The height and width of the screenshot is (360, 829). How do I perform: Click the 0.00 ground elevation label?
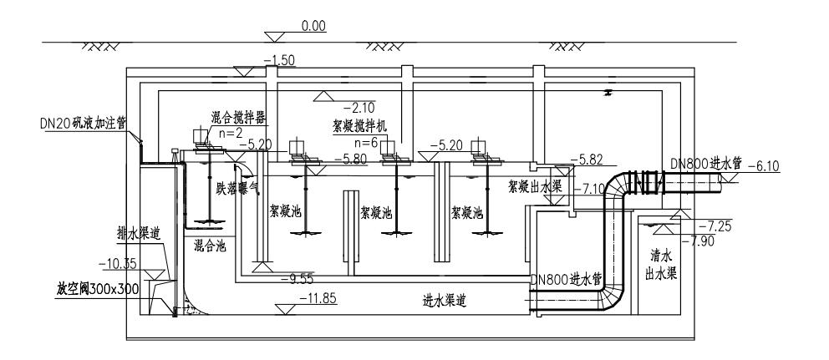[313, 28]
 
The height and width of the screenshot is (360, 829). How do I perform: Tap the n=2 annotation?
[218, 131]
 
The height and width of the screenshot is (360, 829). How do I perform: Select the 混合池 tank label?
[208, 246]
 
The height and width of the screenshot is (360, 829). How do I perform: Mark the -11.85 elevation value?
[318, 298]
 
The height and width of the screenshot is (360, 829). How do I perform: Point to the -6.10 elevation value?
[761, 166]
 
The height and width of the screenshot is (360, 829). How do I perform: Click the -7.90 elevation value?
[701, 240]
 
